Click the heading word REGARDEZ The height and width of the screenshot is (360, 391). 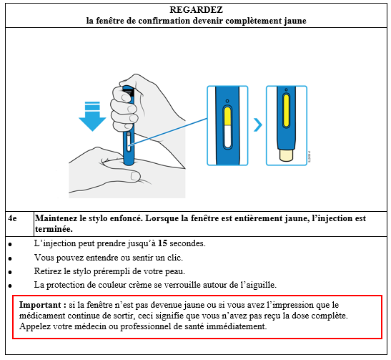tap(196, 10)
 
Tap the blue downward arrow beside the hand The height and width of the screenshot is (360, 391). tap(92, 117)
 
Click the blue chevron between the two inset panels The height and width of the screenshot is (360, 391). tap(258, 125)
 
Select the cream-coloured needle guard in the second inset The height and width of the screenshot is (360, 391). tap(286, 155)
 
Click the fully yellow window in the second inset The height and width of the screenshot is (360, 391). tap(286, 111)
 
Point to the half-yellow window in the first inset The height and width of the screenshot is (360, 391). tap(227, 127)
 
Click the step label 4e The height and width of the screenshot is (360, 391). tap(12, 218)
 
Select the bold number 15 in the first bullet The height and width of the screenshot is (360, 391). tap(162, 243)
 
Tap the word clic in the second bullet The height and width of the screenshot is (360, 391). tap(175, 258)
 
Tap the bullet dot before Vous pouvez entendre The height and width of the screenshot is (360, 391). tap(10, 258)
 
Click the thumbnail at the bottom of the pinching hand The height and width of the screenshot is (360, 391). tap(135, 176)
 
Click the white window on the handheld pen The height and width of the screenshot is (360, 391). tap(129, 142)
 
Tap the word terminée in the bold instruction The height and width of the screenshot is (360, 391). tap(54, 229)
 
